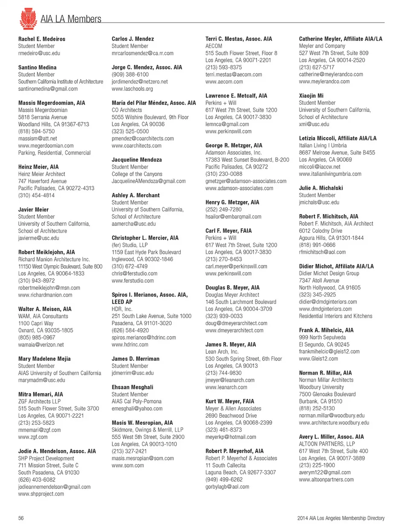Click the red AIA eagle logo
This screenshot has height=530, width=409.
(28, 18)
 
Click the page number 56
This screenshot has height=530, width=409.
(21, 518)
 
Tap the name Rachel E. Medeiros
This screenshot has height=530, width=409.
(42, 39)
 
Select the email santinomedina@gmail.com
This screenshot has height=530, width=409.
(48, 89)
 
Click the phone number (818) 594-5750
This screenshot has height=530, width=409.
(36, 131)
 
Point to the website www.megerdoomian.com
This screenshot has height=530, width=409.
(46, 146)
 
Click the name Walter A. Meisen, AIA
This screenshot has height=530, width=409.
(45, 309)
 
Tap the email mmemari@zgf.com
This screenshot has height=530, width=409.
(39, 430)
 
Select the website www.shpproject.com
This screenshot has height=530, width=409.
(41, 494)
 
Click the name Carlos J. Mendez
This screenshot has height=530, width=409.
(132, 39)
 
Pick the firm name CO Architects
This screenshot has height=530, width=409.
(127, 110)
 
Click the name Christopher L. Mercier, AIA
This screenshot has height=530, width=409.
(145, 238)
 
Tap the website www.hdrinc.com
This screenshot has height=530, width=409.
(130, 344)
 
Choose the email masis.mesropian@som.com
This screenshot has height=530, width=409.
(143, 458)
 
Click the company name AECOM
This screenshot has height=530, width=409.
(213, 46)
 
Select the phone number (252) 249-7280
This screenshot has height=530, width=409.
(224, 209)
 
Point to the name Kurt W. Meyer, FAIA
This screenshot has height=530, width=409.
(230, 401)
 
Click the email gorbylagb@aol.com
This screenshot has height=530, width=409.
(227, 487)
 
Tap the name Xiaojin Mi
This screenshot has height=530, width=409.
(311, 96)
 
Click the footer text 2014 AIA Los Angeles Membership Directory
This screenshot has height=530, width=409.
(341, 518)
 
